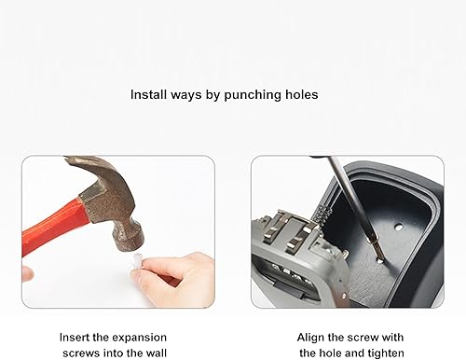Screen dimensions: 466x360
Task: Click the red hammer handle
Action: [53, 226]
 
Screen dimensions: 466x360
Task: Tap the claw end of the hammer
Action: [77, 161]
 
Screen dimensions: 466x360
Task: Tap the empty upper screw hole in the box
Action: [398, 227]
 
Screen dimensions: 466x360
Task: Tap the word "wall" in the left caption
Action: [156, 353]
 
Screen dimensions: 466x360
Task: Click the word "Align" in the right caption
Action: [311, 338]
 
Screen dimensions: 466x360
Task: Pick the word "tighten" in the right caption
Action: [386, 353]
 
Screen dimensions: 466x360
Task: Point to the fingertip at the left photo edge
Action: [27, 274]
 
